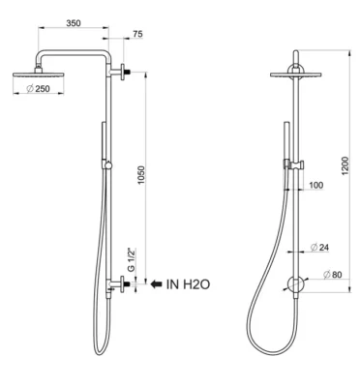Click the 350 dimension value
pos(74,23)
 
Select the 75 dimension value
pos(137,34)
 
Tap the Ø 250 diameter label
pos(39,89)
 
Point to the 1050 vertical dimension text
pos(141,175)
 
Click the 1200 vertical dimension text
pos(345,165)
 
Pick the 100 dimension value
pos(315,186)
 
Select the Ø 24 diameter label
pos(319,248)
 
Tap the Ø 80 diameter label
pos(332,275)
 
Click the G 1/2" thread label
pos(131,260)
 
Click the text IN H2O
pos(188,284)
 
